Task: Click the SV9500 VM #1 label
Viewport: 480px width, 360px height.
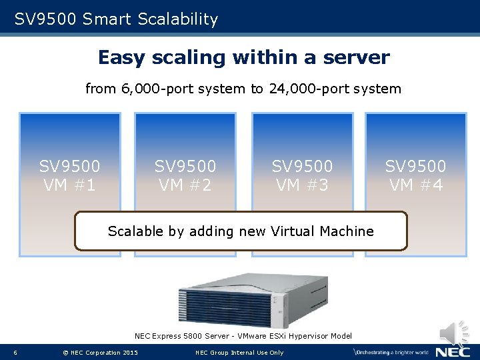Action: [x=70, y=175]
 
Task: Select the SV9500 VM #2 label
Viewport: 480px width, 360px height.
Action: [x=185, y=175]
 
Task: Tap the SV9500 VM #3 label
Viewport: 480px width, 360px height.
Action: [x=302, y=175]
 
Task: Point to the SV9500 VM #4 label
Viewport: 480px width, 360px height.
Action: [x=415, y=175]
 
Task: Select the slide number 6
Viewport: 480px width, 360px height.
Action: [x=15, y=353]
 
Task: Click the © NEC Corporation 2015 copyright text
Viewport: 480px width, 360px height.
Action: [x=100, y=353]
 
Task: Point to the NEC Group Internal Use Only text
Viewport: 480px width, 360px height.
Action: [x=239, y=353]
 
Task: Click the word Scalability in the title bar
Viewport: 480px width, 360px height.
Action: [x=178, y=19]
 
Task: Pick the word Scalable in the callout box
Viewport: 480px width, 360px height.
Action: [x=136, y=231]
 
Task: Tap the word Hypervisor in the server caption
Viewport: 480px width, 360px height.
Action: [x=309, y=337]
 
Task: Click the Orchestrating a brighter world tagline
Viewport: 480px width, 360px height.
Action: [x=391, y=351]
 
